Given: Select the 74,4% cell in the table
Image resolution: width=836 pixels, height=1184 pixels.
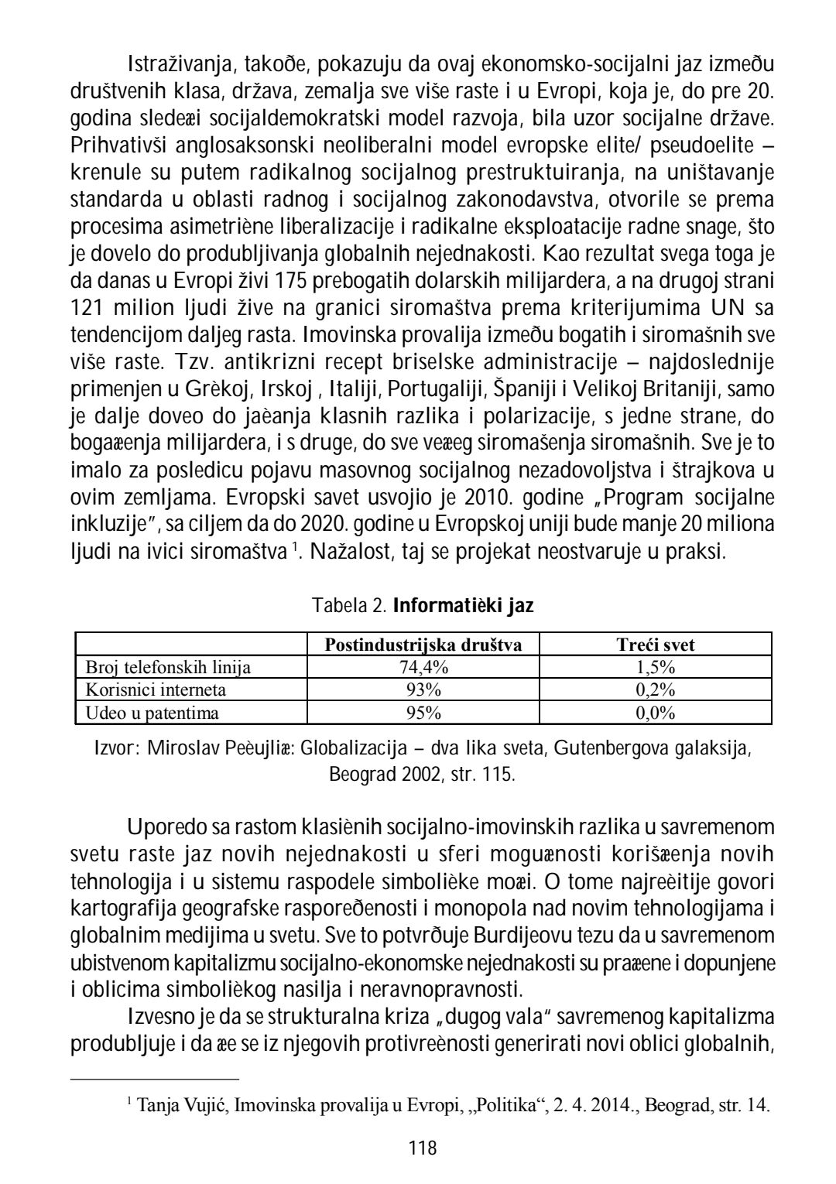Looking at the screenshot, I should point(423,668).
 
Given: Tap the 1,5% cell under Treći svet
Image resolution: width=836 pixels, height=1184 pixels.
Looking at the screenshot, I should point(655,668).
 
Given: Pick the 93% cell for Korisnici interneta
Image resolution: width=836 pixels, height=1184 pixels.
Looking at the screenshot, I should point(423,690).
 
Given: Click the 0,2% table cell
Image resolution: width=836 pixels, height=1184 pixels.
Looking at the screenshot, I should point(655,690).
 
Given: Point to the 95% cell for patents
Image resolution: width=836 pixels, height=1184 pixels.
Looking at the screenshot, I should point(423,713).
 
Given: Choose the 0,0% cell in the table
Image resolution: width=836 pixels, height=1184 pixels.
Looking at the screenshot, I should point(655,713).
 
